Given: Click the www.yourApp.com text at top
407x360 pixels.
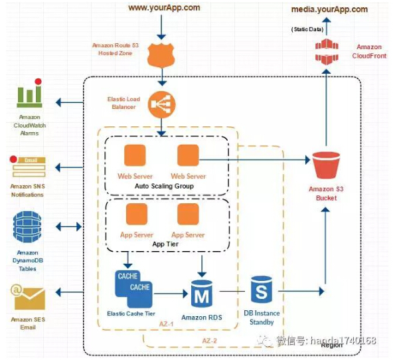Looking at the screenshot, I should pyautogui.click(x=163, y=7).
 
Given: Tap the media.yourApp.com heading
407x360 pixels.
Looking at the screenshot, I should pyautogui.click(x=329, y=9).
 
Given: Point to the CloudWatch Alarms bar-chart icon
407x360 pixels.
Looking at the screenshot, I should pyautogui.click(x=29, y=96).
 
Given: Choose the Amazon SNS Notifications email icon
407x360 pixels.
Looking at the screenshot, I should pyautogui.click(x=29, y=167).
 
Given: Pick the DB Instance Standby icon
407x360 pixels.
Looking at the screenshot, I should pyautogui.click(x=262, y=290).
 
